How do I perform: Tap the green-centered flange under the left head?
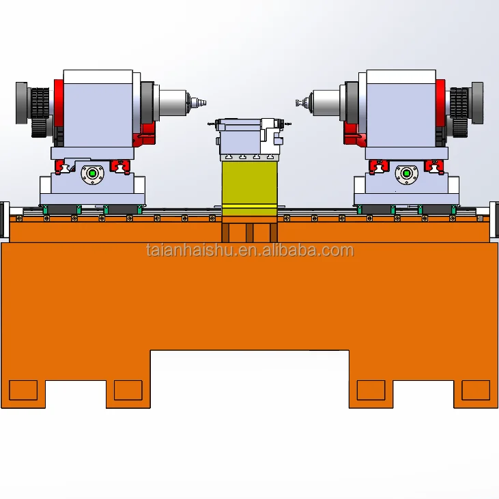92,173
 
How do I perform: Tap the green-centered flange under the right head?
407,173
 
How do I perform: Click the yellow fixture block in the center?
249,184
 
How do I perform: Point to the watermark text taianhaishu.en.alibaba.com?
250,251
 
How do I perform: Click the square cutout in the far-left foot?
23,390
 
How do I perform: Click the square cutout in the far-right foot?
476,390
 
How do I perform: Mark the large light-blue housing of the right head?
401,109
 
